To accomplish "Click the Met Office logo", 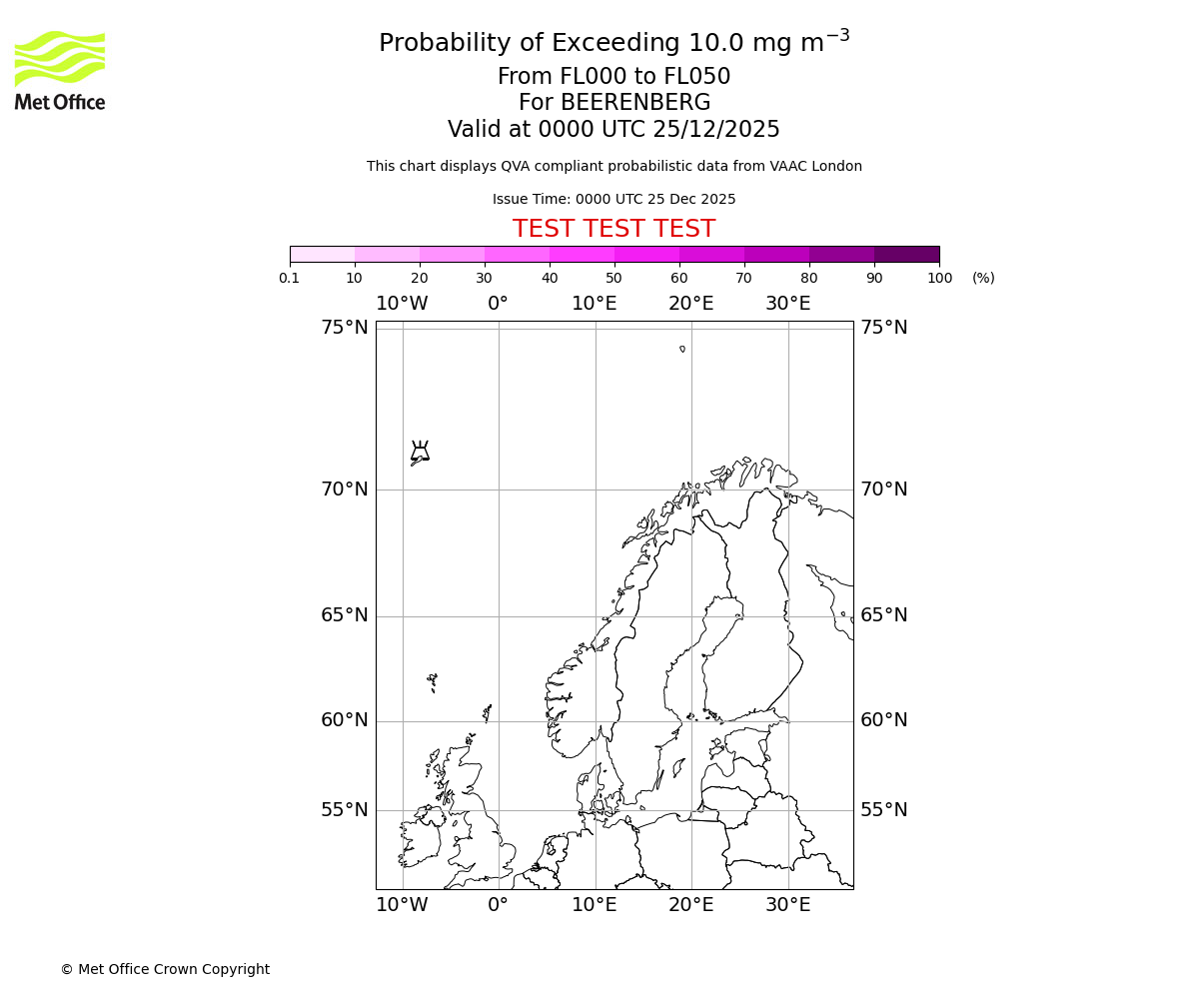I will (60, 70).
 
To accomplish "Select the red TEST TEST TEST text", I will (613, 229).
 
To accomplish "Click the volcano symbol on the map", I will (420, 452).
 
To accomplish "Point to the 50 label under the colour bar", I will (613, 278).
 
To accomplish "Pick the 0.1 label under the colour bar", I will (290, 278).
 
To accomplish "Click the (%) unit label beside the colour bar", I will (983, 278).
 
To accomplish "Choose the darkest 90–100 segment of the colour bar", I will (906, 254).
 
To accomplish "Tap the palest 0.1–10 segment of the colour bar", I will (323, 254).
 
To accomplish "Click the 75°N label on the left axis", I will (344, 328).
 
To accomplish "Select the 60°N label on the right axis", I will (884, 720).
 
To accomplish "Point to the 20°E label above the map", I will (691, 304).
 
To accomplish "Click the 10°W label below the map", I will (402, 905).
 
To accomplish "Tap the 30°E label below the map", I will (788, 905).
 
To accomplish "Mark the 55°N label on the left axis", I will (344, 810).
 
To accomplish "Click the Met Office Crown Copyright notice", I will (165, 969).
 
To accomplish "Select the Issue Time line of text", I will (613, 200).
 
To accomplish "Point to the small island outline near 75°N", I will (682, 349).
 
